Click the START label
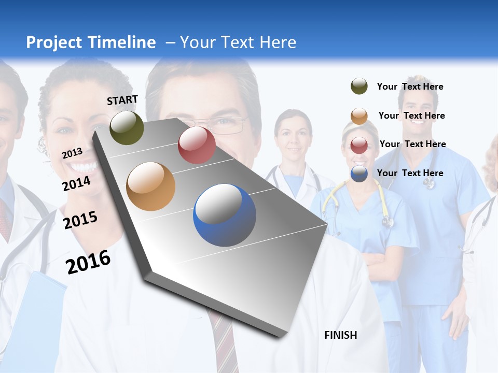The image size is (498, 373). point(122,100)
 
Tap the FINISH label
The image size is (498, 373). point(341,335)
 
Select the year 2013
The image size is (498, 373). point(72,153)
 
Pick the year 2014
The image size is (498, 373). point(77,183)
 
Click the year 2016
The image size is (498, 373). point(88,262)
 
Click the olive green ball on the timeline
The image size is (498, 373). point(127,127)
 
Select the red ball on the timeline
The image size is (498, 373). point(197,145)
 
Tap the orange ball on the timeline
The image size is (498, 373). point(151,187)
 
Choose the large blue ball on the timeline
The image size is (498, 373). point(225,215)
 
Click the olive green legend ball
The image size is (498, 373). point(359,87)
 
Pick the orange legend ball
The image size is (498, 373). point(359,116)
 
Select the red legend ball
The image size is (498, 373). point(359,145)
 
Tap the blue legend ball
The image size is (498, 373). point(359,173)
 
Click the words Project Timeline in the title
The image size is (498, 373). point(91,42)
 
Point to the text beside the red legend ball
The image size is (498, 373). point(412,144)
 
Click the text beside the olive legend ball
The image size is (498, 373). point(410,87)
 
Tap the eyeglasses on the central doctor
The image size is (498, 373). point(228,124)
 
